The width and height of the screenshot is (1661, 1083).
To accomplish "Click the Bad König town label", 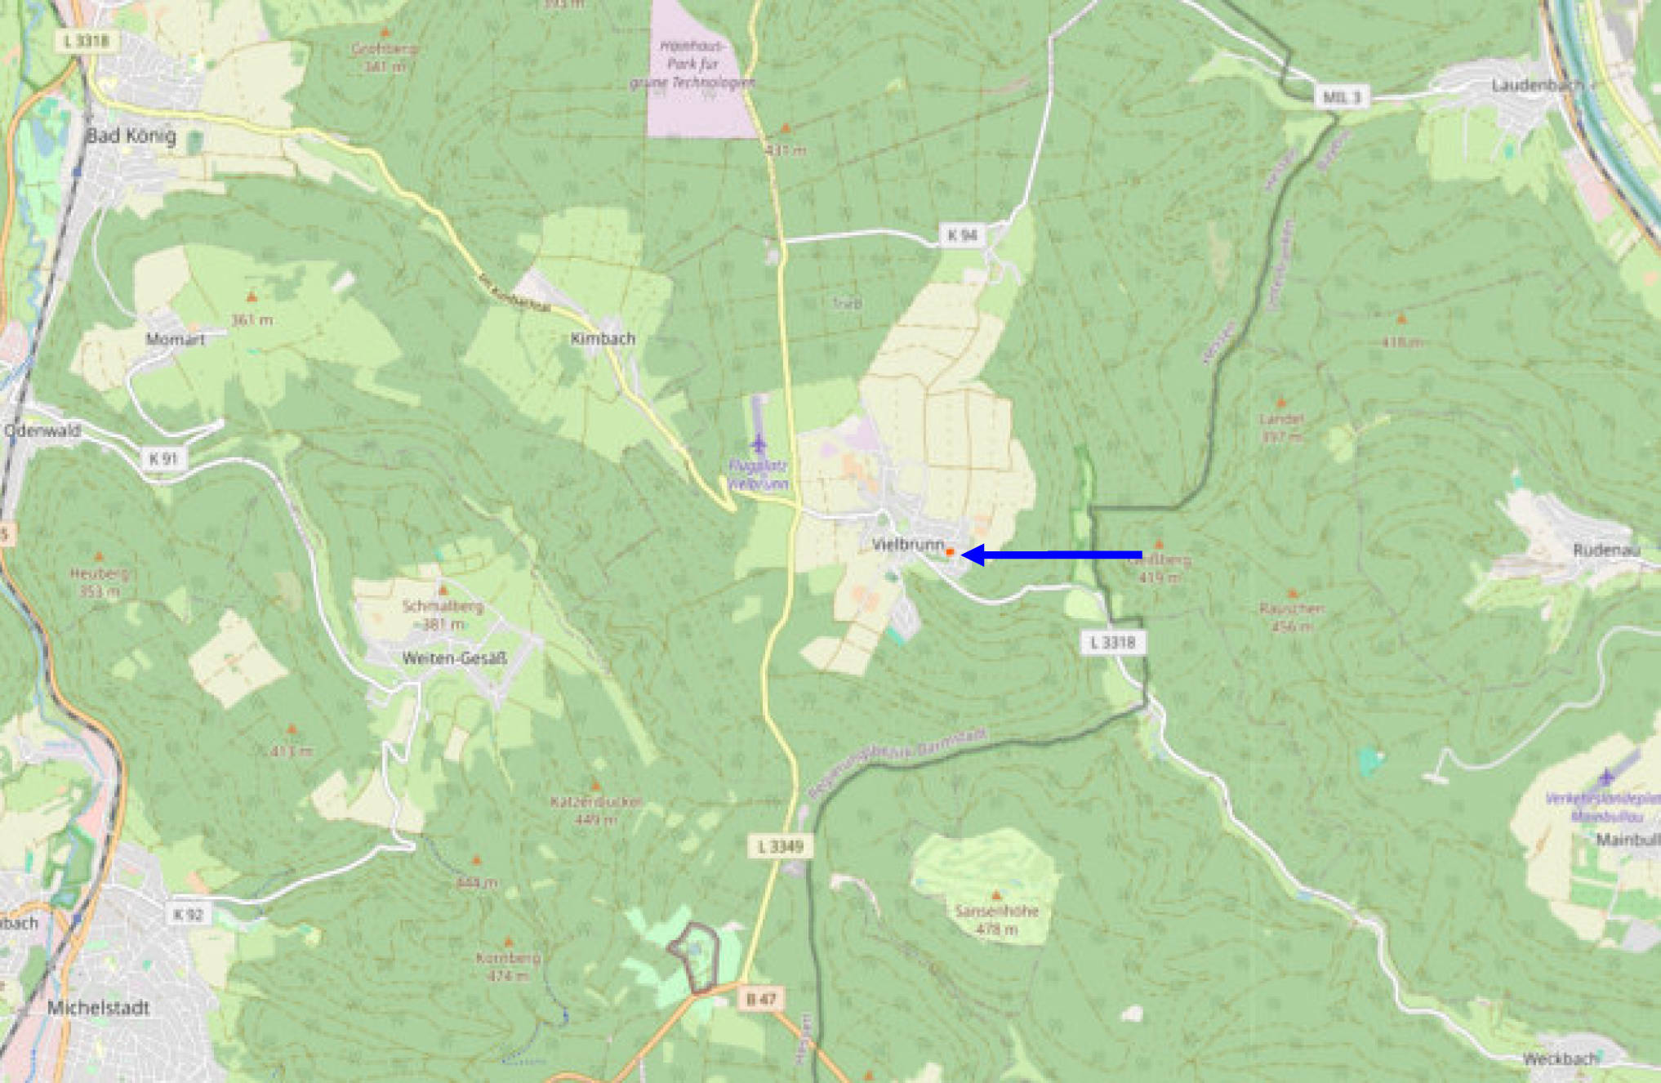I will click(x=131, y=136).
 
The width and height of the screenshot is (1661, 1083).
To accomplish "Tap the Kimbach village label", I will click(x=603, y=338).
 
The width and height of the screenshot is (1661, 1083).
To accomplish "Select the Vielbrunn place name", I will click(x=907, y=544).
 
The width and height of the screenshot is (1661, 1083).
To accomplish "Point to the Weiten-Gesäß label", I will click(x=455, y=658).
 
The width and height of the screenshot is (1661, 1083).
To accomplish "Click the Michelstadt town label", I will click(x=98, y=1008).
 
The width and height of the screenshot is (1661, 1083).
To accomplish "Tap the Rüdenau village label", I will click(x=1606, y=550).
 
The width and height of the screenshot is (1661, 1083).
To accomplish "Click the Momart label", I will click(x=176, y=339).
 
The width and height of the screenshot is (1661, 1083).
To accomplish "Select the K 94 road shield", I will click(x=962, y=235).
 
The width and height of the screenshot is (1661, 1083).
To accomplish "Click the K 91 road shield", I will click(x=163, y=459).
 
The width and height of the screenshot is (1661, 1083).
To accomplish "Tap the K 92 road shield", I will click(x=188, y=915).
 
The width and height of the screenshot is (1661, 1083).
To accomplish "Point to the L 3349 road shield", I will click(x=781, y=846).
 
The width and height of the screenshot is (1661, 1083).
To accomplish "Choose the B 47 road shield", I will click(x=761, y=998).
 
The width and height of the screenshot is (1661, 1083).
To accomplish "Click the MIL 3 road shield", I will click(x=1342, y=97).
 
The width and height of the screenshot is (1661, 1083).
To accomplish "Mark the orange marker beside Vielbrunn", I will click(x=950, y=553).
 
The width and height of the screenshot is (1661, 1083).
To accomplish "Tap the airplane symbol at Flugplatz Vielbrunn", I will click(x=759, y=444).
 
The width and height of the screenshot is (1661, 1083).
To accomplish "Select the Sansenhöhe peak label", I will click(x=996, y=911).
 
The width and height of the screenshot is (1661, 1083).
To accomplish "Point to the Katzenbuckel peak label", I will click(x=596, y=801).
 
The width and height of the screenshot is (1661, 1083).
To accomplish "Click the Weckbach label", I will click(x=1560, y=1058).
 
